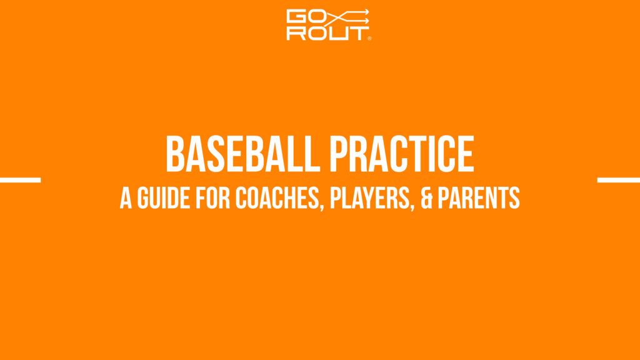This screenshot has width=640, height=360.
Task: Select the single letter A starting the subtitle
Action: point(126,198)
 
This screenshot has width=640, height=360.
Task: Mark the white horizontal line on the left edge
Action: point(20,180)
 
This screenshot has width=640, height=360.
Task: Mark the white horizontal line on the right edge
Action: point(619,180)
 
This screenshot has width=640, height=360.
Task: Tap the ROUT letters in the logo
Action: point(326,33)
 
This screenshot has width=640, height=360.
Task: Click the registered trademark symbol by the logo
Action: point(370,39)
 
